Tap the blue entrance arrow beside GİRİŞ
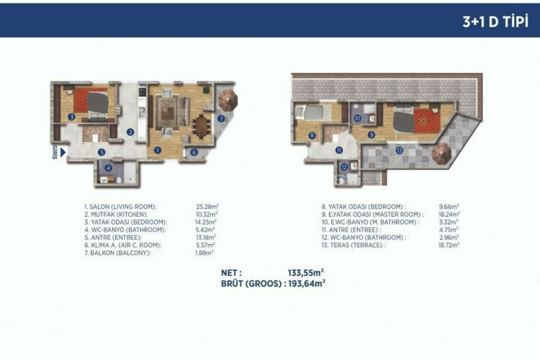tap(63, 152)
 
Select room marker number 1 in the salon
tap(157, 150)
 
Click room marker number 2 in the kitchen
tap(130, 132)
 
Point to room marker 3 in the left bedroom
tap(71, 117)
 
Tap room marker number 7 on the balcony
tap(222, 118)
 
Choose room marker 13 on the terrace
tap(399, 150)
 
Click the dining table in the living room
tap(199, 123)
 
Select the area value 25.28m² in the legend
tap(207, 207)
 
